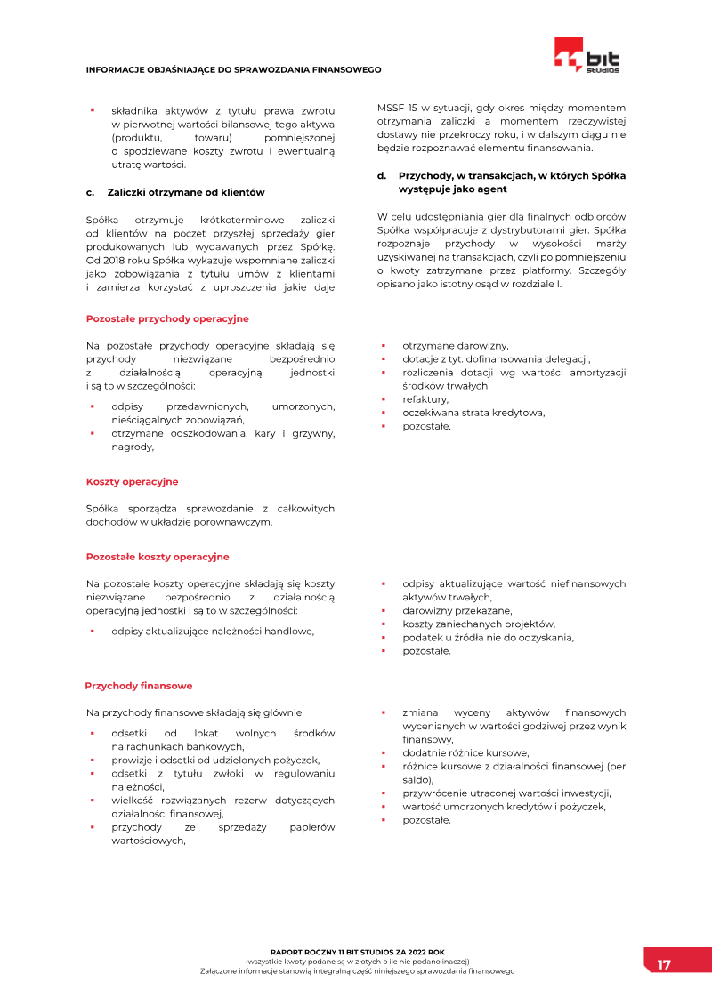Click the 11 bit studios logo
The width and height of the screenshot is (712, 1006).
pos(587,55)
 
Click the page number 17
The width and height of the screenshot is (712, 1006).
pos(664,964)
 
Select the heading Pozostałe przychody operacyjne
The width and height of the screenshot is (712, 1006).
pos(167,318)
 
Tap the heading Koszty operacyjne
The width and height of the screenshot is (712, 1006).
pos(132,481)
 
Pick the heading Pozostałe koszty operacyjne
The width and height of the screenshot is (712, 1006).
pos(158,557)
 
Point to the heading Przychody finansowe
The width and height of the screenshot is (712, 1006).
pos(138,686)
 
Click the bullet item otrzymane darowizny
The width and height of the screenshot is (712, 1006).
pos(455,345)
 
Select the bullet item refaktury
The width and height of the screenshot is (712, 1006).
pos(425,399)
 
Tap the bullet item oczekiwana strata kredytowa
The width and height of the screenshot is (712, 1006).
pos(473,413)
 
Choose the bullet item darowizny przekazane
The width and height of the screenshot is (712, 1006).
pos(457,610)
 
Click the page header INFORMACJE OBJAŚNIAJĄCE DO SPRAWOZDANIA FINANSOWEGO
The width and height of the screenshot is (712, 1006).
pos(233,69)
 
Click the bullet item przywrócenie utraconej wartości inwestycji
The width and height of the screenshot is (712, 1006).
pos(506,793)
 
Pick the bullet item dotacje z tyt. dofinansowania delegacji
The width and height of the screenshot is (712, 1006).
pos(496,359)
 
